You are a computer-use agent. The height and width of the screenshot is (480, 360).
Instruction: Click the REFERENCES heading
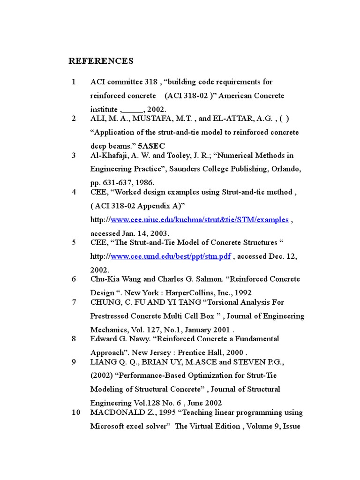point(101,61)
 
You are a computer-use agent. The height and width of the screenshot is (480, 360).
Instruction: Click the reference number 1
point(74,82)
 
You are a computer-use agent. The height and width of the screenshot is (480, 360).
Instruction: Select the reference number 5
point(74,242)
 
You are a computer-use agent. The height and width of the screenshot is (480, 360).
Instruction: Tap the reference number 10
point(75,412)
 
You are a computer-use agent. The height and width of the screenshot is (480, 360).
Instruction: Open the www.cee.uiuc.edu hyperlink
point(199,220)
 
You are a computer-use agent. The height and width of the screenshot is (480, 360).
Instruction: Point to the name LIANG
point(102,361)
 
